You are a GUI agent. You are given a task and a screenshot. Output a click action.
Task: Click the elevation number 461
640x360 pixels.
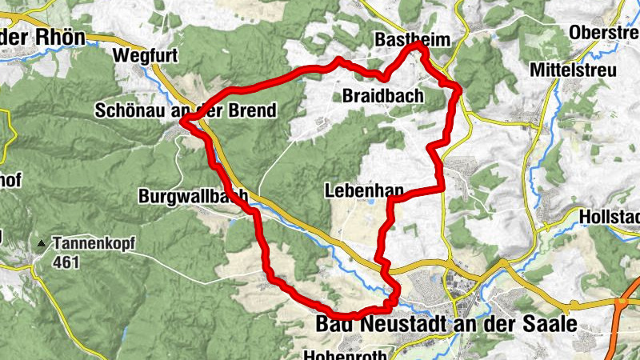pos(66,262)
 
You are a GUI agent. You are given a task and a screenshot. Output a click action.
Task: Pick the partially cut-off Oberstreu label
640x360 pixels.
pos(604,32)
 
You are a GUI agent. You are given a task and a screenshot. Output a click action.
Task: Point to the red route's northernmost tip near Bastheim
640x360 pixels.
pos(417,46)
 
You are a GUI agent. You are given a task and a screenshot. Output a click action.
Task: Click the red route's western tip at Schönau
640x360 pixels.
pos(184,121)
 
